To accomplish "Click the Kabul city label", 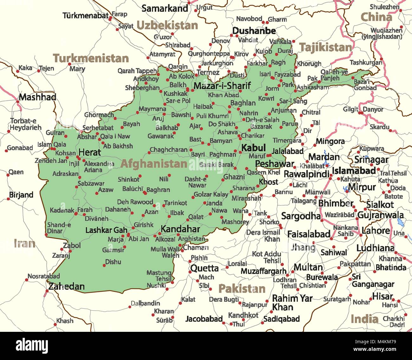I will (253, 148).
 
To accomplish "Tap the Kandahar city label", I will (180, 229).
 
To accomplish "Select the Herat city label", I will (90, 152).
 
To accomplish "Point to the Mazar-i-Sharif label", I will (222, 85).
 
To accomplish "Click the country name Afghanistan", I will (154, 164).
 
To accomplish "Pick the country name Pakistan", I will (242, 288).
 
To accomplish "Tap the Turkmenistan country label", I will (91, 58).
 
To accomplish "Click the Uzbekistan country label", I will (167, 25).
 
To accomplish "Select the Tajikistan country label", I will (325, 47).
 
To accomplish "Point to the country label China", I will (376, 17).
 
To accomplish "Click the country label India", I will (364, 319).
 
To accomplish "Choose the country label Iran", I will (24, 243).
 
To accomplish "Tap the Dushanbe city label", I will (254, 31).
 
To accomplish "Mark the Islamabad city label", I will (354, 171).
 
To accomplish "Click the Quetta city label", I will (204, 268).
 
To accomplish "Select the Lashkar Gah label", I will (106, 230).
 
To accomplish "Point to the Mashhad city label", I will (37, 97).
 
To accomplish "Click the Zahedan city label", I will (66, 287).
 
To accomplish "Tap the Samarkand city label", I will (165, 8).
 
